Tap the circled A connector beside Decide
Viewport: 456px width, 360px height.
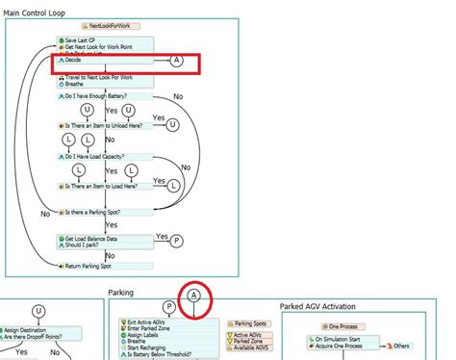tap(176, 60)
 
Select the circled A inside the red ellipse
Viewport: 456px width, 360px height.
tap(194, 296)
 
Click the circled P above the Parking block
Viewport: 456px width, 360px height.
tap(169, 307)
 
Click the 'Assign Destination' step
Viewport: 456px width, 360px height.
tap(30, 329)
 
